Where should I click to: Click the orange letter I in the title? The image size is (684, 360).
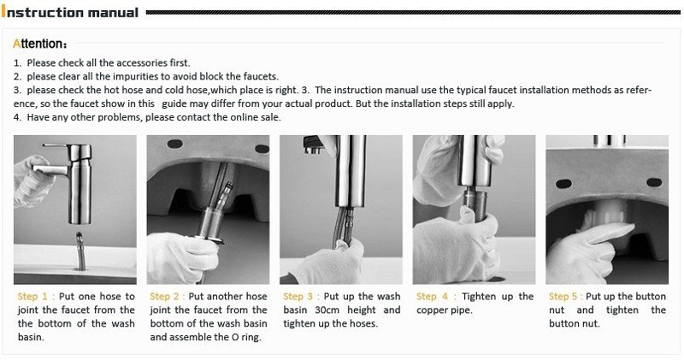(3, 12)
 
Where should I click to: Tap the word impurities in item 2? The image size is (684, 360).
(135, 77)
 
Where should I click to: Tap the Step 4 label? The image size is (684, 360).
(432, 297)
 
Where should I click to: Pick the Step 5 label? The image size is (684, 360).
(563, 297)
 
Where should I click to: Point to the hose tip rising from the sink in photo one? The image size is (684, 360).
(80, 239)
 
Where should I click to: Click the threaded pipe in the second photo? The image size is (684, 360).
(210, 222)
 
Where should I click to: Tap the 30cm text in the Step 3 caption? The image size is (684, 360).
(327, 310)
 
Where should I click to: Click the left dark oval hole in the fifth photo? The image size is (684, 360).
(563, 184)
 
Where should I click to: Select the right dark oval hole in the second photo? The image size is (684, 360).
(262, 149)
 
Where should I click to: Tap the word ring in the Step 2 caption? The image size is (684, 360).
(251, 338)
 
